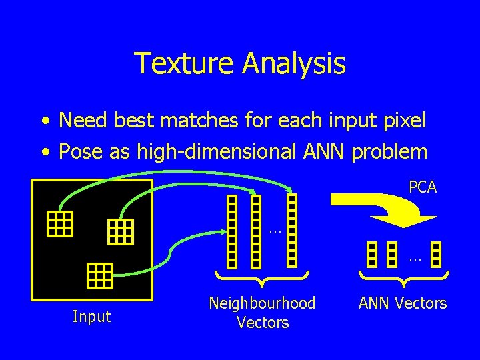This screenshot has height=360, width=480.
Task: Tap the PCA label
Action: (x=423, y=187)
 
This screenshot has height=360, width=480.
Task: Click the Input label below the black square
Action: (x=92, y=316)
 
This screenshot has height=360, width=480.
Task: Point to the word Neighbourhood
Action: (x=262, y=303)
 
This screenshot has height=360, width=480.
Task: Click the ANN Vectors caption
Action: (x=403, y=303)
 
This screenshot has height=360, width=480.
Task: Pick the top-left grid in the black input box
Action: (x=59, y=224)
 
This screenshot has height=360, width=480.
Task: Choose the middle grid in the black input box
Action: (x=121, y=231)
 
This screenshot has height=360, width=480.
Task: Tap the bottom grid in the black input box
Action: (x=100, y=275)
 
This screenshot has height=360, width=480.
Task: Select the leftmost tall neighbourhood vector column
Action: (x=232, y=230)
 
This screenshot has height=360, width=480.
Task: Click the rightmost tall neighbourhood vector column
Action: (x=292, y=230)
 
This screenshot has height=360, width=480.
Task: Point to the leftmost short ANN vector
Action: (x=372, y=254)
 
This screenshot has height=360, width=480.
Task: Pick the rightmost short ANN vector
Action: (x=436, y=254)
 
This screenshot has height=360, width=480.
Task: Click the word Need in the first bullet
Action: (x=79, y=121)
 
